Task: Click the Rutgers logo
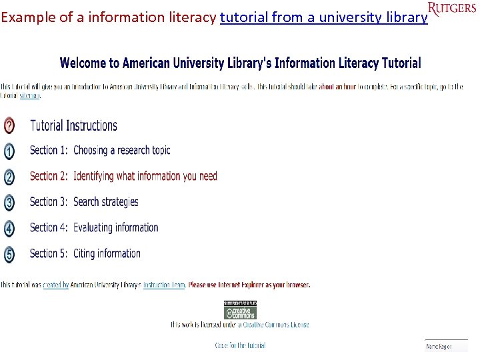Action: click(x=452, y=9)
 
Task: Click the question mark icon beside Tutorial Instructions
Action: click(x=9, y=125)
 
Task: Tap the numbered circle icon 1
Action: click(x=9, y=151)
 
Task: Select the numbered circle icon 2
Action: click(x=9, y=177)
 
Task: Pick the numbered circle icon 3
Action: click(x=9, y=202)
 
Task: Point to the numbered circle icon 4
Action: click(x=9, y=228)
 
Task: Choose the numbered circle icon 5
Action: click(x=9, y=254)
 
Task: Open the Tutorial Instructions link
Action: click(x=73, y=125)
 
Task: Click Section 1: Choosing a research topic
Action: click(x=100, y=151)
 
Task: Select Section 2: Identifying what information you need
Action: click(x=123, y=176)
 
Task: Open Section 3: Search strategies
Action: click(x=84, y=201)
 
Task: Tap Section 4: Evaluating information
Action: click(x=94, y=227)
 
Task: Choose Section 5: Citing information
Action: click(x=85, y=253)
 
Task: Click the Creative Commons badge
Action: click(x=240, y=310)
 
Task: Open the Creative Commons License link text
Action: click(x=275, y=325)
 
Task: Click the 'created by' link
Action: click(x=55, y=285)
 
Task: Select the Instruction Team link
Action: click(x=164, y=285)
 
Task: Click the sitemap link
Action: click(x=29, y=96)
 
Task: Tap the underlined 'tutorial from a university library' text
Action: click(x=323, y=18)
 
